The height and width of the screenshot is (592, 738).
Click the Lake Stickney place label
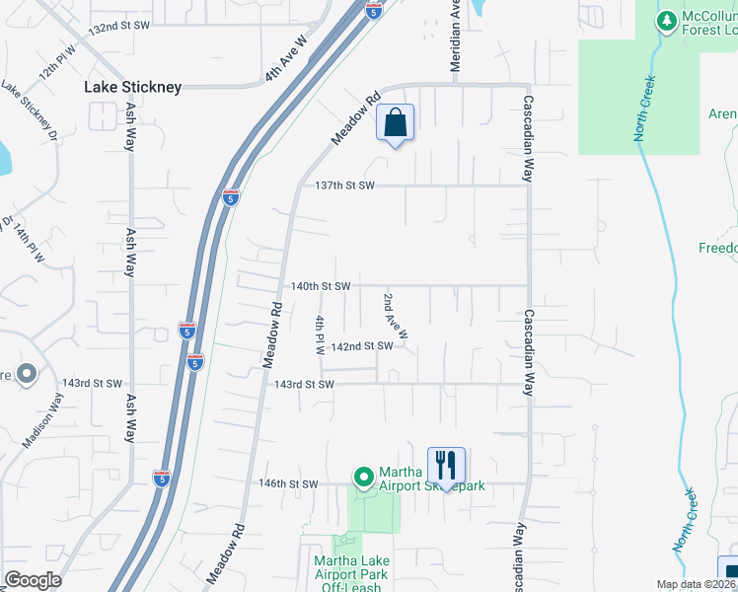(132, 87)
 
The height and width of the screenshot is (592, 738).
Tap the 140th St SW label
(321, 286)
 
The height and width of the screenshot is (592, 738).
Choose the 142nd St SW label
(362, 346)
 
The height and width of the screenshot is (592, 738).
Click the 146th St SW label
(288, 483)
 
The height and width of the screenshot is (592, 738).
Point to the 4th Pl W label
(320, 335)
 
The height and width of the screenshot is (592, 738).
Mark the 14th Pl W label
(29, 243)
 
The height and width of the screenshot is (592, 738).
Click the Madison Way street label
(44, 418)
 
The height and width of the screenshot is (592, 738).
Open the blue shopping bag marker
(395, 124)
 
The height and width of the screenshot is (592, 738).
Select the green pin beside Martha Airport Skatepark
(363, 479)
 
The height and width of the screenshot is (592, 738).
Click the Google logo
(33, 580)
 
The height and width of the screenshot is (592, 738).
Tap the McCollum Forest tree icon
(668, 20)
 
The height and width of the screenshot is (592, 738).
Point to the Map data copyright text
(697, 584)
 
